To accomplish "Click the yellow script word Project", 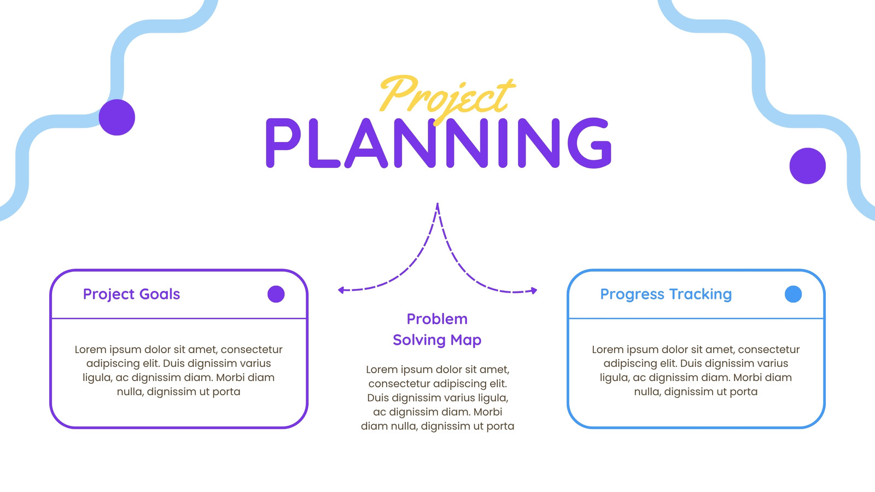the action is (447, 98).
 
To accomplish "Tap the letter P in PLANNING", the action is (283, 143).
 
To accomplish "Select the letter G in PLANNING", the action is (589, 143).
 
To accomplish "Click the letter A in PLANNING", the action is (366, 144).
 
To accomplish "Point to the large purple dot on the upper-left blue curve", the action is (117, 117).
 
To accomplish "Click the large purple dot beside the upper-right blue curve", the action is (807, 166).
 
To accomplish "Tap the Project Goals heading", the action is (131, 295).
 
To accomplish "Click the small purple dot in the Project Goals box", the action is (276, 294).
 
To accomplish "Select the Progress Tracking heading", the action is (666, 295).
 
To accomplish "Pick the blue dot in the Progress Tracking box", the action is (793, 294).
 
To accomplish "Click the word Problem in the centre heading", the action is (437, 319).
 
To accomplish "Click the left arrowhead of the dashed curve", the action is (341, 290).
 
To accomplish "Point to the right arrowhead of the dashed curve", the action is (534, 290).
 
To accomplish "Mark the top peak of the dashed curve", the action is (437, 203).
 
